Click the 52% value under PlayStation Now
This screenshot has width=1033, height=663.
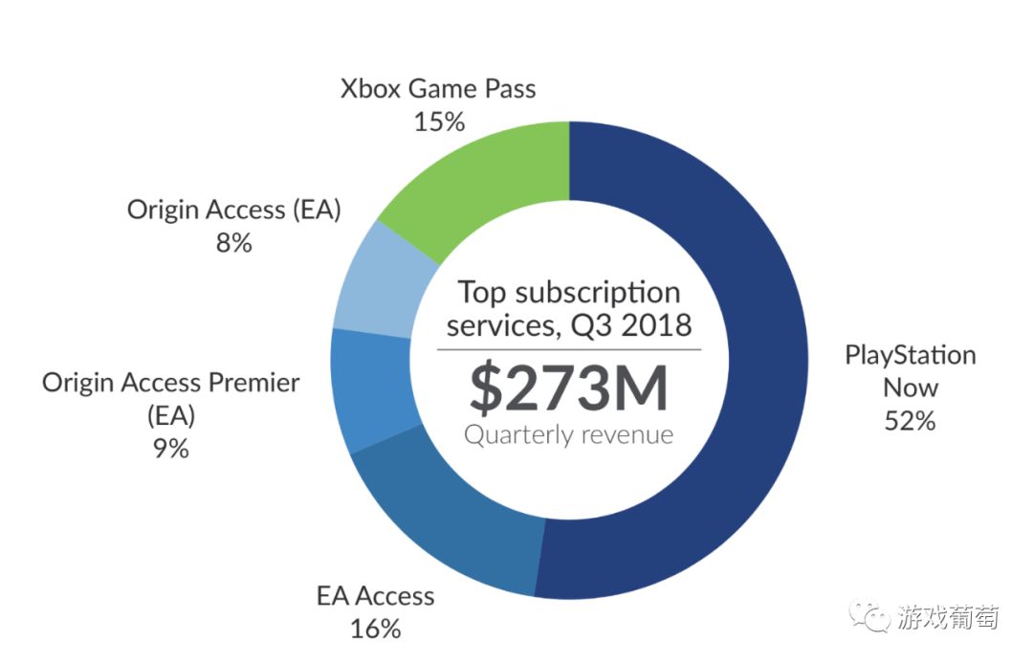pos(910,420)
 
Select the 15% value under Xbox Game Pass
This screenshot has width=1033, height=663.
pos(439,122)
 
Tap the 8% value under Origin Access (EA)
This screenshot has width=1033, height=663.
pos(233,243)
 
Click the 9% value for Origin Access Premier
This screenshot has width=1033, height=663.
pos(170,448)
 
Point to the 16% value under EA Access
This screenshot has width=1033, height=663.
pos(375,629)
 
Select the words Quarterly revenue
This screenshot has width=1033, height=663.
pos(568,435)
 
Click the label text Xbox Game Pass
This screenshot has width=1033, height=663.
pos(438,90)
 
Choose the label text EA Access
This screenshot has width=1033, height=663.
pos(375,596)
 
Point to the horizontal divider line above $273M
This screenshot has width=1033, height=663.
pos(568,349)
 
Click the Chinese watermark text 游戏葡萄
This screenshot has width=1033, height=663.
pos(947,617)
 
